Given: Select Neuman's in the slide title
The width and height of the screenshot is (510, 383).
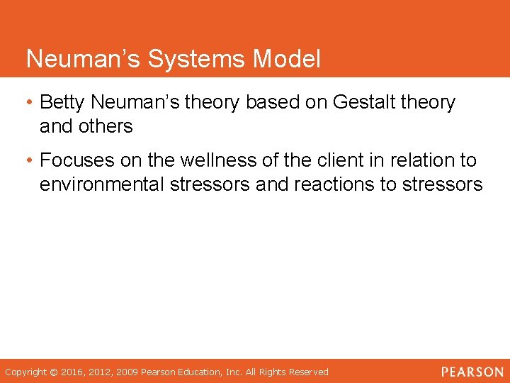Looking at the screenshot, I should click(84, 60).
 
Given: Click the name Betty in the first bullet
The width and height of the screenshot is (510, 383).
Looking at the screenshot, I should click(64, 103).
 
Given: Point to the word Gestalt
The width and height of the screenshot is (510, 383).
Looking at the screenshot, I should click(365, 103).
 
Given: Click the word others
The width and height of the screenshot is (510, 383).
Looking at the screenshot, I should click(106, 126).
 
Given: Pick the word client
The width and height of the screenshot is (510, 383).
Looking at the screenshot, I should click(335, 161).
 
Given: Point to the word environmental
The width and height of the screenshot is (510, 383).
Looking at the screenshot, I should click(102, 184).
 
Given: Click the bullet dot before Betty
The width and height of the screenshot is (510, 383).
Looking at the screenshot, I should click(30, 103).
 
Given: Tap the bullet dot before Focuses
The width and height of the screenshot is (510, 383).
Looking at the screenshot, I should click(30, 161).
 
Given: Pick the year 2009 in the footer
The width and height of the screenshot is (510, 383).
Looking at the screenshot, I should click(127, 372).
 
